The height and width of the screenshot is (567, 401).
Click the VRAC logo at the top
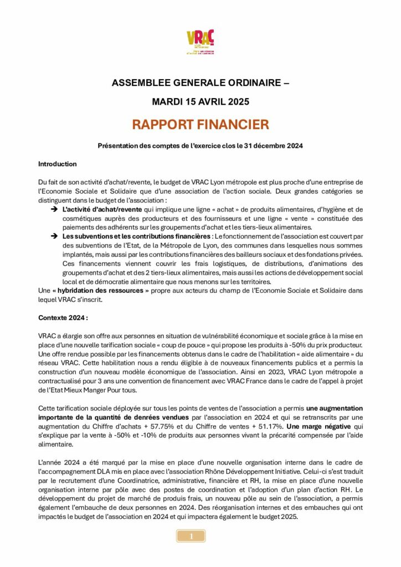click(200, 43)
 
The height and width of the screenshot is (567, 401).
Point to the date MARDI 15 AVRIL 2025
click(200, 102)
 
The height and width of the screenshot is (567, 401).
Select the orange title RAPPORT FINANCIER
click(200, 124)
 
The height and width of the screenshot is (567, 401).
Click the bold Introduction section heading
click(57, 164)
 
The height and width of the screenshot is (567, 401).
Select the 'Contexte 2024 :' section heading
click(63, 319)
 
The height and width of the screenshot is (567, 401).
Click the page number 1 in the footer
click(191, 536)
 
